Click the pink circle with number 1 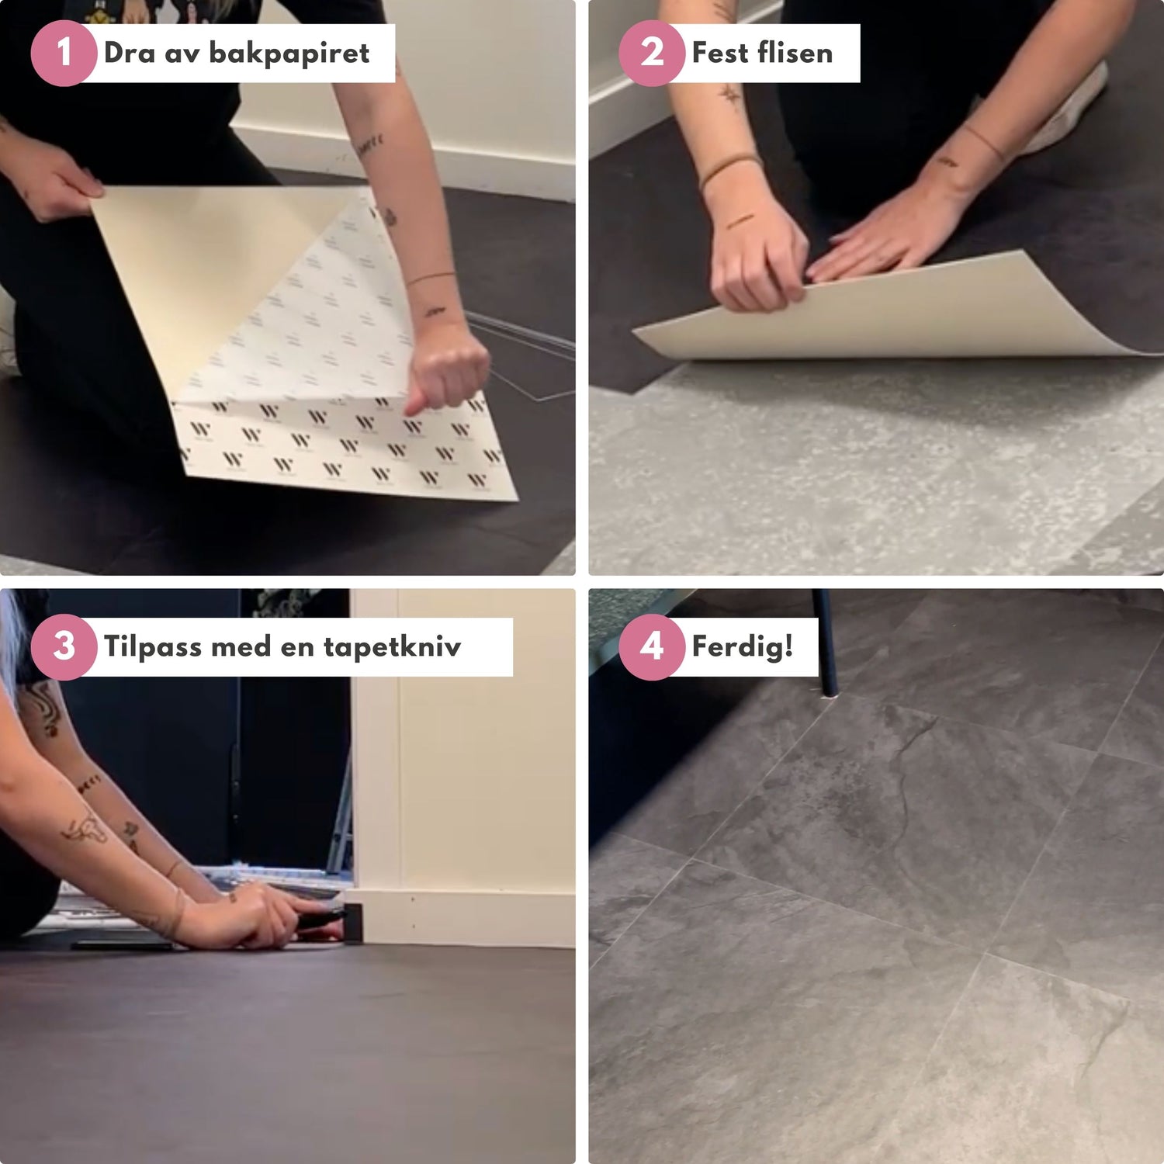pyautogui.click(x=64, y=54)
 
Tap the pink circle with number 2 pyautogui.click(x=652, y=54)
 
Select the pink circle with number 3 pyautogui.click(x=64, y=646)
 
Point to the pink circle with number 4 pyautogui.click(x=652, y=646)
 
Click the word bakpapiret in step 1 pyautogui.click(x=289, y=54)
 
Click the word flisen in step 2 pyautogui.click(x=795, y=54)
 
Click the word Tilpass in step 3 pyautogui.click(x=152, y=646)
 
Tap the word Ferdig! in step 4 pyautogui.click(x=742, y=646)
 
